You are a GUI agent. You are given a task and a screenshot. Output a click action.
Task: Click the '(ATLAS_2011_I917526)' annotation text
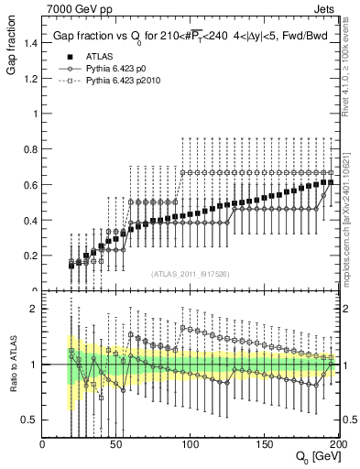pos(190,275)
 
